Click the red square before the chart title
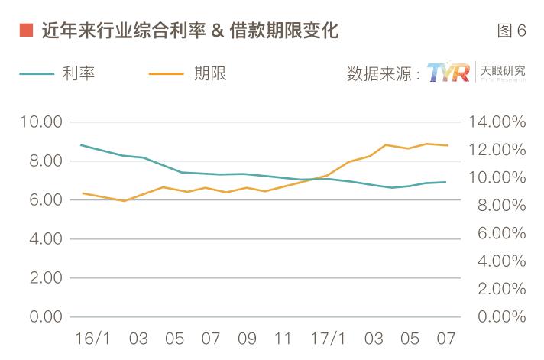coord(25,31)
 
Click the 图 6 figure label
coord(511,31)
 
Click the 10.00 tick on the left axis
coord(41,122)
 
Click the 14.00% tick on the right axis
coord(497,122)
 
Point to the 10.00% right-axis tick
coord(497,178)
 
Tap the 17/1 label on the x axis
coord(329,339)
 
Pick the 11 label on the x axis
coord(283,339)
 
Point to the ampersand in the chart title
coord(216,31)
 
